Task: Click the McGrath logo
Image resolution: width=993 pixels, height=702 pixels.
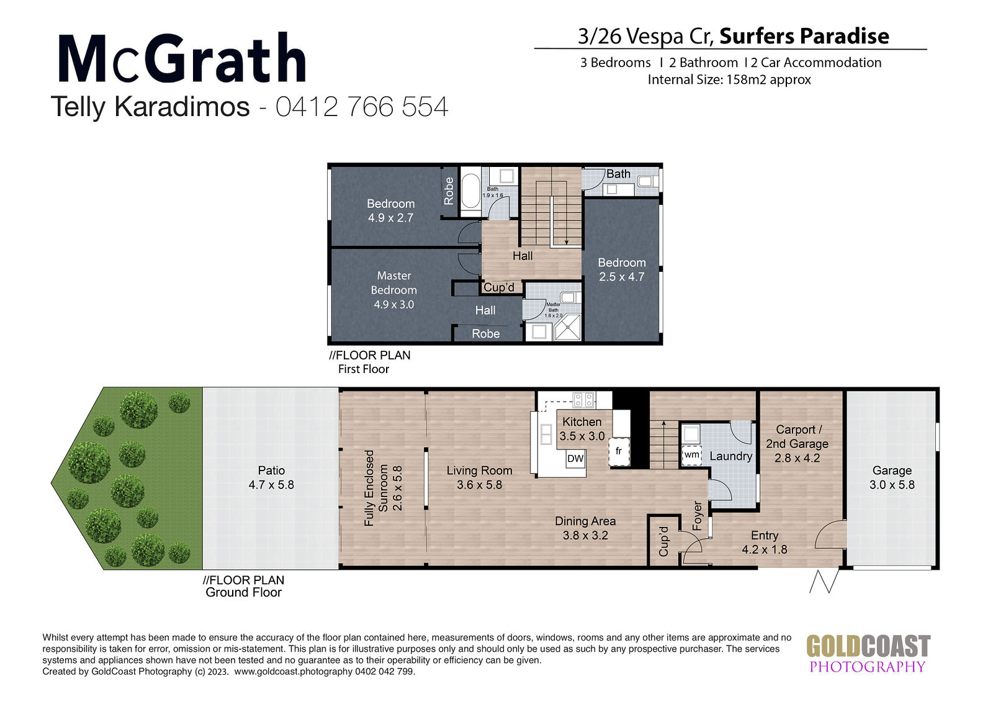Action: [182, 58]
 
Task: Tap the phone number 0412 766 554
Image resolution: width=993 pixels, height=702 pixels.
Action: [362, 107]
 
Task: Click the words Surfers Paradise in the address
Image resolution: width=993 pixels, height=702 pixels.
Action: [804, 37]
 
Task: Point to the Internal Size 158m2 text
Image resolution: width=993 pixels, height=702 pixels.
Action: [729, 80]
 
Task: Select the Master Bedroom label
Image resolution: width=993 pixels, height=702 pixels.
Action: [393, 290]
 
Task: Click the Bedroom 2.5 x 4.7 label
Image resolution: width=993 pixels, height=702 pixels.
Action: [621, 269]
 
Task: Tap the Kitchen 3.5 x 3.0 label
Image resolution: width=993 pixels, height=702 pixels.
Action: [582, 429]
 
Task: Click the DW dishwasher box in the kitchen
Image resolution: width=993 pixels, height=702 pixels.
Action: [575, 459]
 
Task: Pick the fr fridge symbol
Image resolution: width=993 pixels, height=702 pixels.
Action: [619, 452]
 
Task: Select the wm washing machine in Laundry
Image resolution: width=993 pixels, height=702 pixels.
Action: [691, 454]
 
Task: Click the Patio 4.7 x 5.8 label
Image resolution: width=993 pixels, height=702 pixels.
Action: [271, 477]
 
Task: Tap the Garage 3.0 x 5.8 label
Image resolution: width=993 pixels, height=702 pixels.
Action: [892, 477]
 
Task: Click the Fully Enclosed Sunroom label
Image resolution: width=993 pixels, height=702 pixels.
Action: [376, 488]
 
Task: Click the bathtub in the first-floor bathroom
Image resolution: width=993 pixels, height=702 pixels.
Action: [470, 192]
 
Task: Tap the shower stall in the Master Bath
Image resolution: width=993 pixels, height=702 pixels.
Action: [567, 327]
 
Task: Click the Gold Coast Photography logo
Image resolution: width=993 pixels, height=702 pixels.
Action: [868, 654]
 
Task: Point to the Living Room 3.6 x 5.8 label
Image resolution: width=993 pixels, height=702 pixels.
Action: [479, 477]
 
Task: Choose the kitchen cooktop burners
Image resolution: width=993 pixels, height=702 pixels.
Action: [583, 400]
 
